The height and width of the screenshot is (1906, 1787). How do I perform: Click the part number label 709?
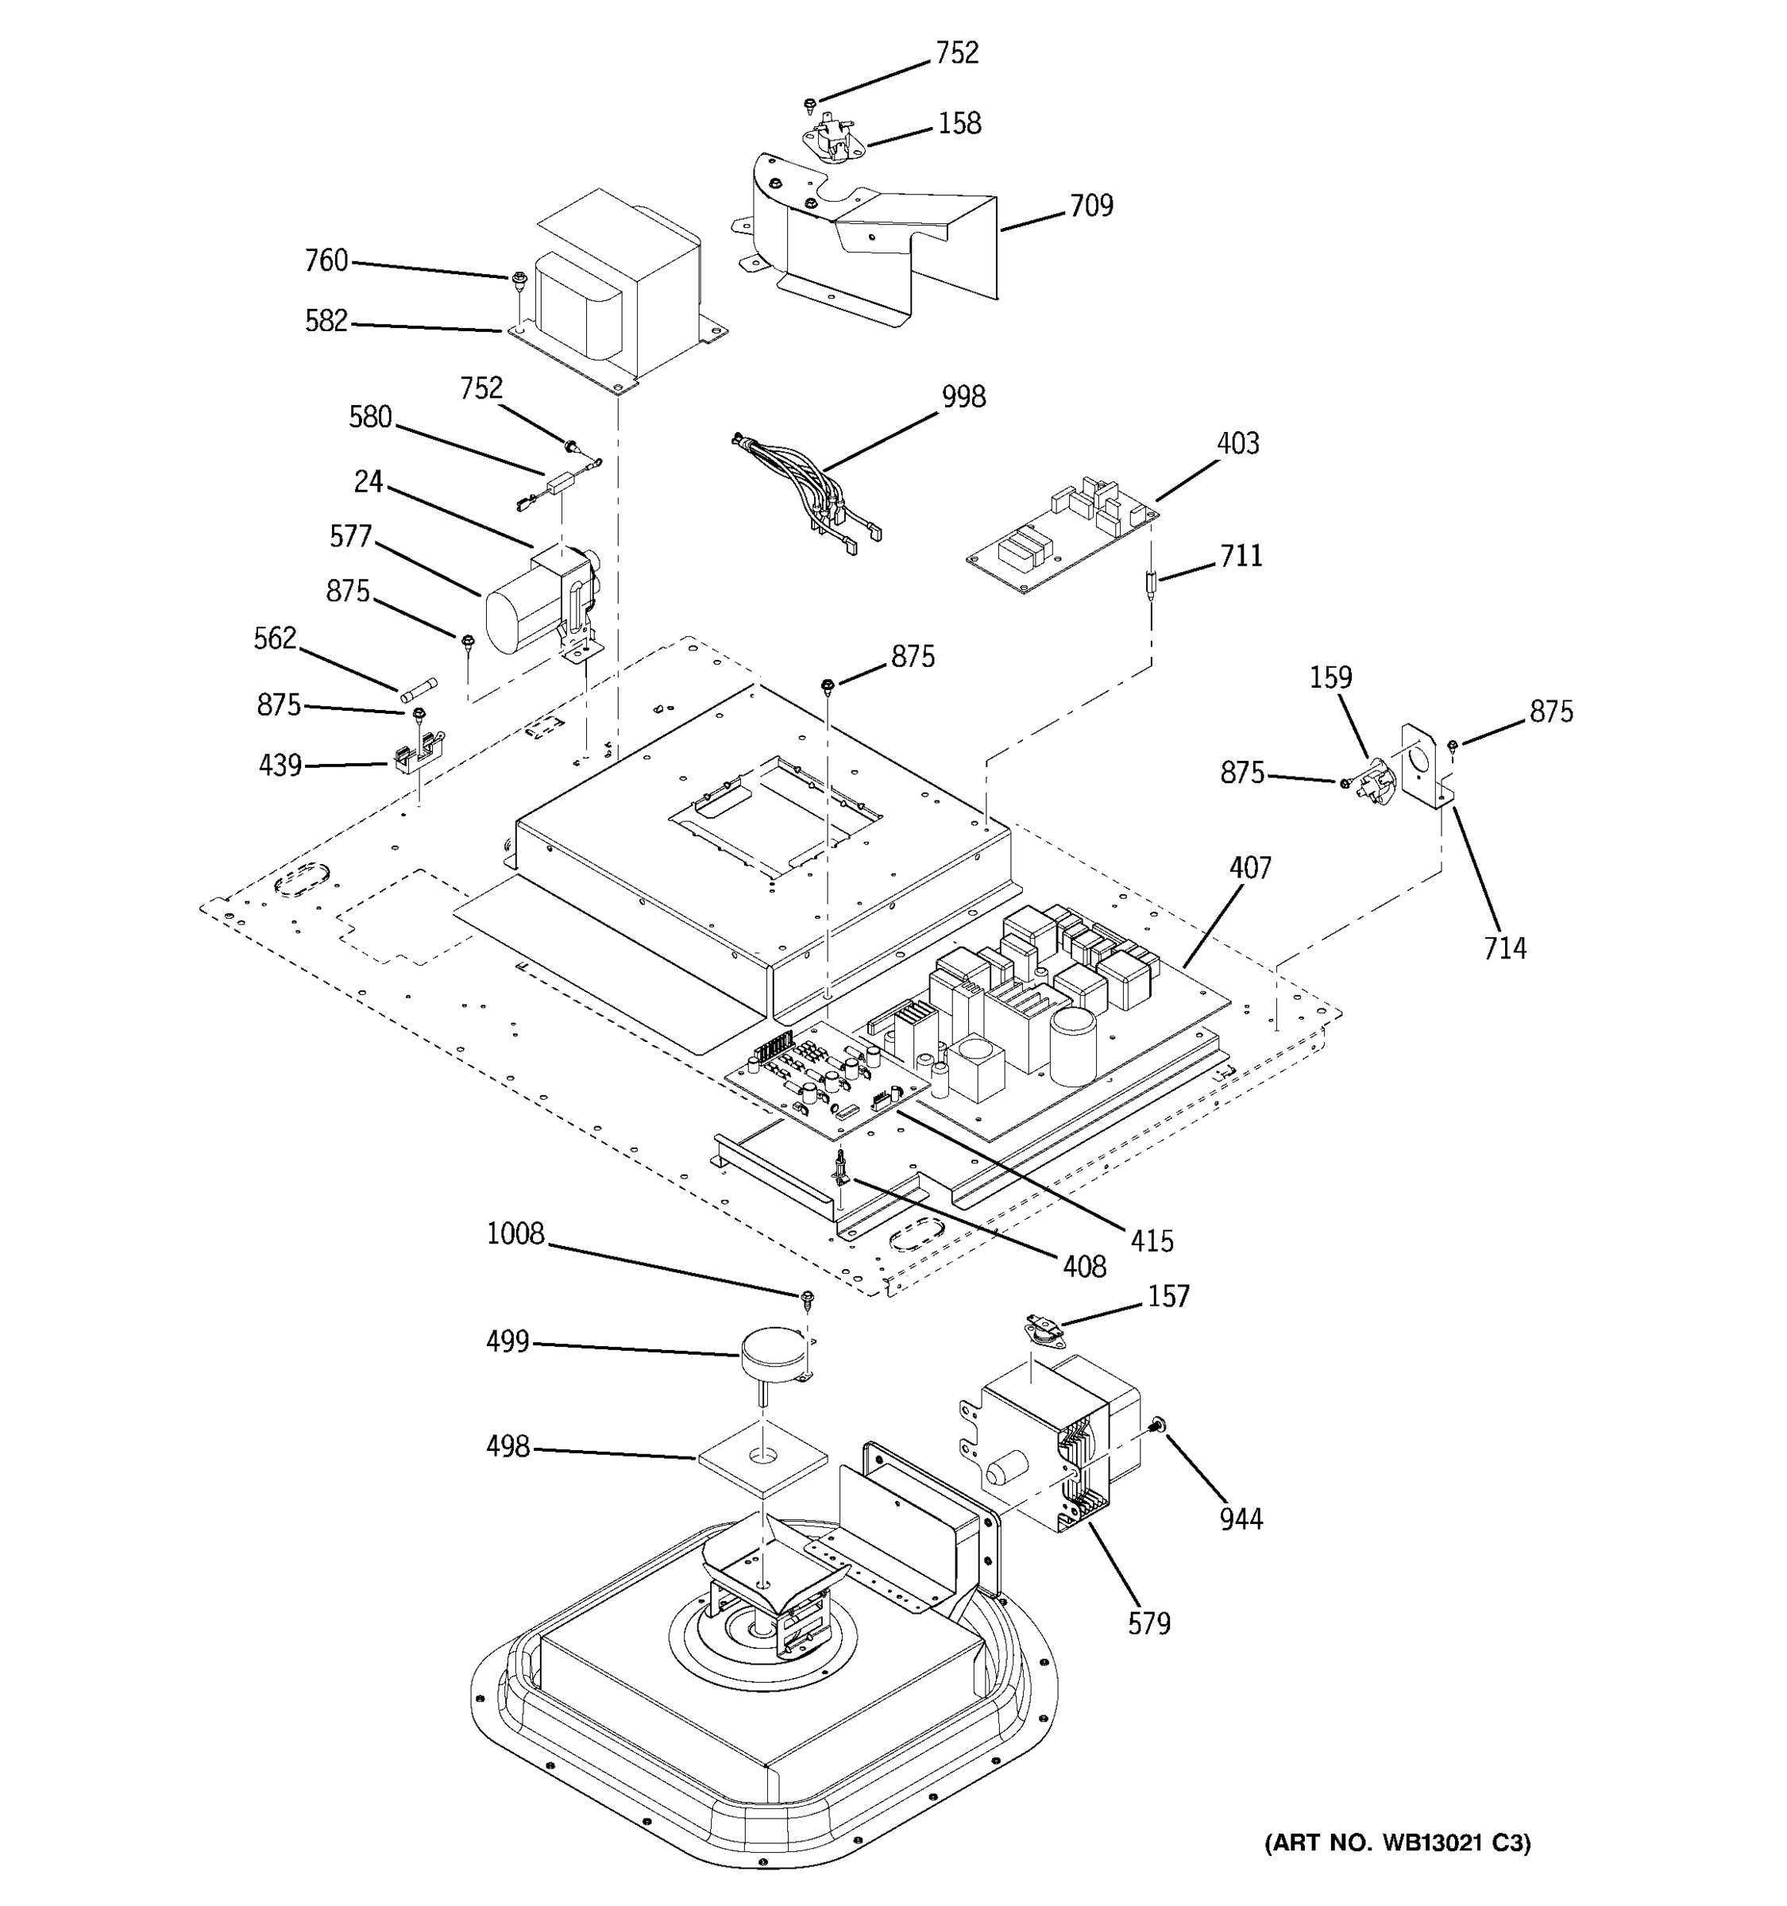coord(1091,206)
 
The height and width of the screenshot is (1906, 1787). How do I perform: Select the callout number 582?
coord(326,321)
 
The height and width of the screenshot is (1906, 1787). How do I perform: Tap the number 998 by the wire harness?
coord(963,396)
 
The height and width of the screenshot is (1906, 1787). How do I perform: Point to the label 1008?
coord(515,1234)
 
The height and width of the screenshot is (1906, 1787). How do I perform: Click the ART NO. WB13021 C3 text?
coord(1397,1842)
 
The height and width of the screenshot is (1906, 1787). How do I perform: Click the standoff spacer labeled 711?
coord(1152,582)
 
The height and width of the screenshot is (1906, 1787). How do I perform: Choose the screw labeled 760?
coord(519,280)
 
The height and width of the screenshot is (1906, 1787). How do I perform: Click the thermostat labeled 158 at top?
coord(827,139)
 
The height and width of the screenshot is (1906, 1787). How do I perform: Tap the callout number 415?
coord(1152,1240)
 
